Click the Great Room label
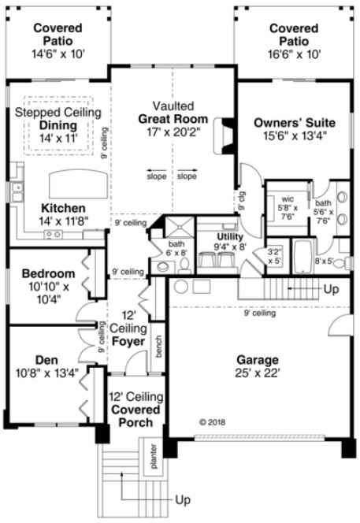tap(173, 119)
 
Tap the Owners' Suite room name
tap(295, 123)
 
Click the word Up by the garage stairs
tap(332, 289)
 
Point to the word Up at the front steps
tap(183, 499)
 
